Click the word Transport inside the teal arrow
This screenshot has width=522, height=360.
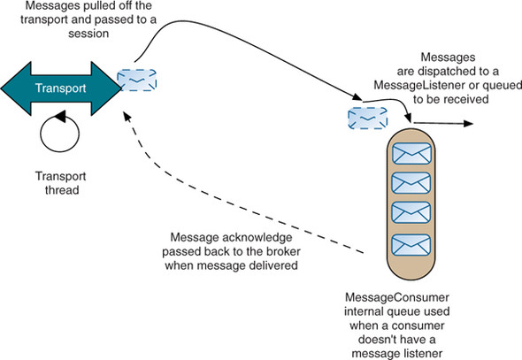[60, 88]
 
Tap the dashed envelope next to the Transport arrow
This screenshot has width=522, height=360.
[137, 80]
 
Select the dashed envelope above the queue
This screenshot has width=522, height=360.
[368, 119]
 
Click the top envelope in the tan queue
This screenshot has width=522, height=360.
[411, 153]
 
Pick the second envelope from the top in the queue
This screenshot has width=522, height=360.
[411, 183]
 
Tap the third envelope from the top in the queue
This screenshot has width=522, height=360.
[411, 212]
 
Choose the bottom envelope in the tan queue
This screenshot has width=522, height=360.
[411, 245]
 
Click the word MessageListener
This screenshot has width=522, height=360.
[419, 85]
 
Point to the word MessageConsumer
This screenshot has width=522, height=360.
[397, 297]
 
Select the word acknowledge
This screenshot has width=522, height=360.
[257, 238]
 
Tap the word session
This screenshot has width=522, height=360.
[88, 34]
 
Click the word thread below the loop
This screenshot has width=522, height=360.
[62, 190]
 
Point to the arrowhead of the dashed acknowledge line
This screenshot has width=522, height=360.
[127, 116]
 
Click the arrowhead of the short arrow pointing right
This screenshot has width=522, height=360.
[468, 124]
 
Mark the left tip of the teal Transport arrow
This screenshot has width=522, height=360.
[2, 88]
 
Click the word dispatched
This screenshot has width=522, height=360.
[449, 71]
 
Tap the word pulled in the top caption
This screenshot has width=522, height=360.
[107, 5]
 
